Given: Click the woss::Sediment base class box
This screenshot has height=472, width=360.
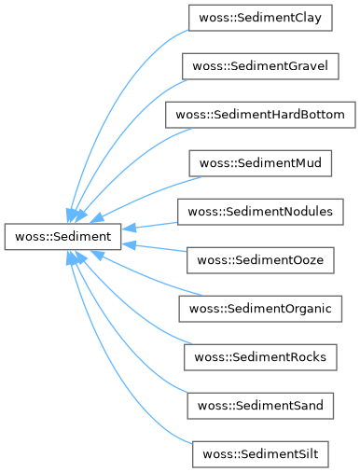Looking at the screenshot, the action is click(x=62, y=236).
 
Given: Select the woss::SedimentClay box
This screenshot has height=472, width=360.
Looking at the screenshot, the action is click(x=260, y=18).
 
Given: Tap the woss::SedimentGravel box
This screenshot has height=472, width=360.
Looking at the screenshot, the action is click(x=260, y=66).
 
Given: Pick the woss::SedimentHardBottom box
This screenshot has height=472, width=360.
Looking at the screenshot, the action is click(x=260, y=115).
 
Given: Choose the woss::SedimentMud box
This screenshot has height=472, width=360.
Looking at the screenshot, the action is click(x=260, y=163).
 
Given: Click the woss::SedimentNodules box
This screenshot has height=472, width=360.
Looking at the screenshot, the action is click(x=260, y=212).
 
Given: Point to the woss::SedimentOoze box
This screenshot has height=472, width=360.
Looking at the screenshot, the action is click(x=260, y=260).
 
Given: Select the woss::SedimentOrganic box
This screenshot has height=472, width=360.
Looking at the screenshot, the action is click(x=260, y=309).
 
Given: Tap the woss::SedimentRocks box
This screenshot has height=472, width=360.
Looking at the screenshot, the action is click(x=260, y=357).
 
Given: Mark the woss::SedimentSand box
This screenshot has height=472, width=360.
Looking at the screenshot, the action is click(x=260, y=406).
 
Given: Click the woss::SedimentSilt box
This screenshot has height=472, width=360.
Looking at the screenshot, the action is click(x=260, y=454).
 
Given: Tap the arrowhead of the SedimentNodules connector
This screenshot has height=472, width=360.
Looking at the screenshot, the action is click(x=129, y=228).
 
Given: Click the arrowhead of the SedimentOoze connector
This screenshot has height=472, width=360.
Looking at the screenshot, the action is click(x=129, y=245).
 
